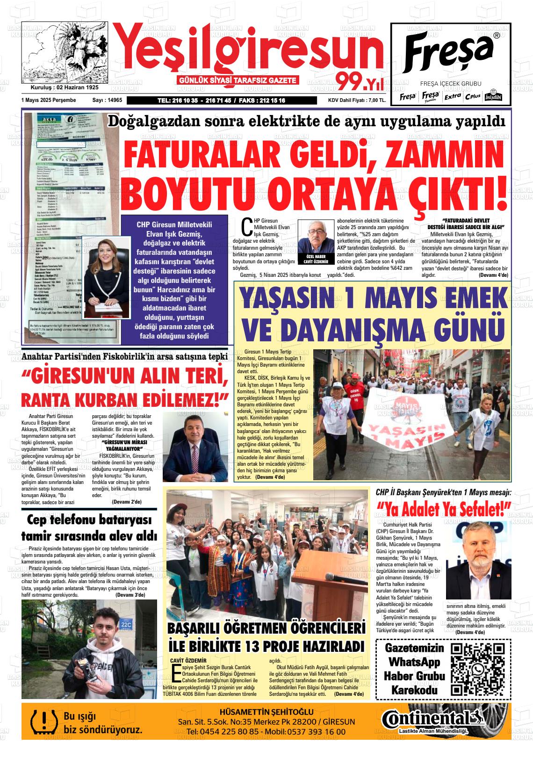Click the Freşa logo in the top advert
point(450,50)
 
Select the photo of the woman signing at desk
point(107,277)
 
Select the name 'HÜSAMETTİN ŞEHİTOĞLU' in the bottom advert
point(266,712)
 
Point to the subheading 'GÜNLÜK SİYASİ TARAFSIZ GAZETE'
point(238,80)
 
